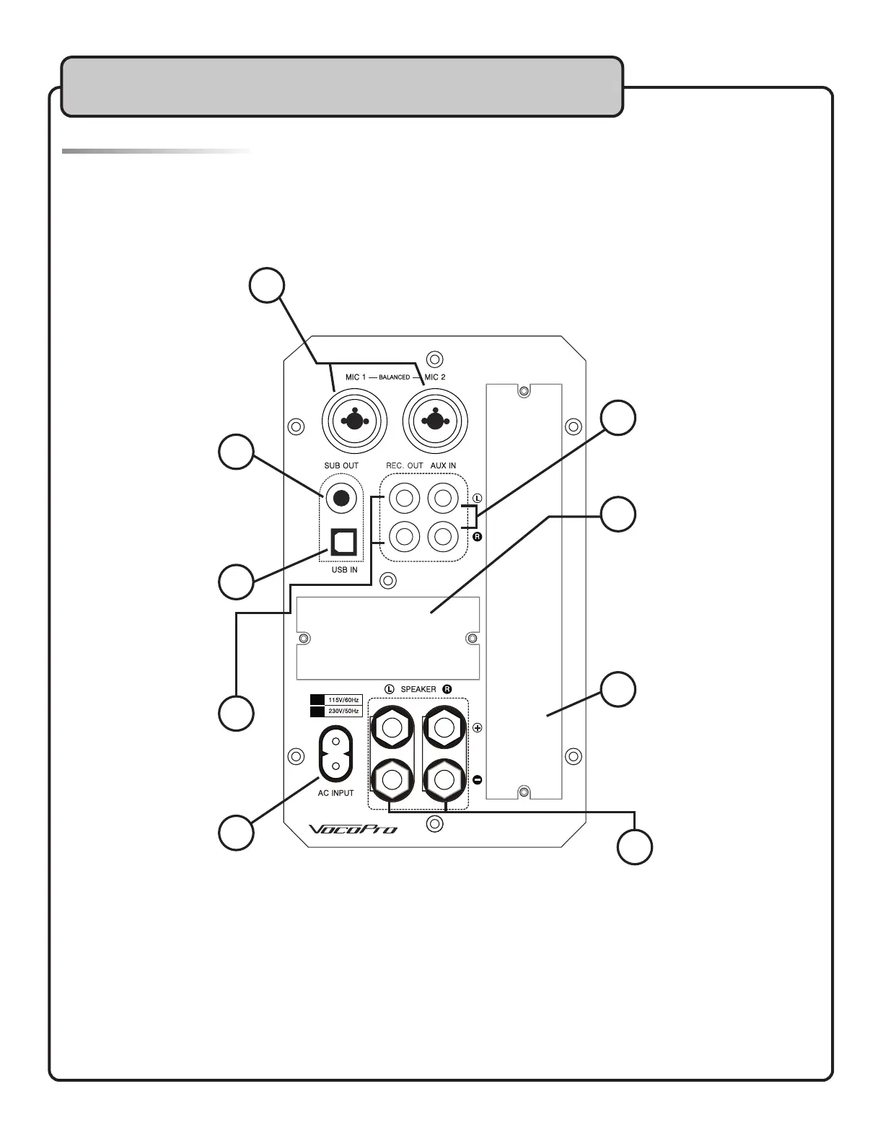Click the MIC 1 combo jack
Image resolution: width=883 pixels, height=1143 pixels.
[x=353, y=419]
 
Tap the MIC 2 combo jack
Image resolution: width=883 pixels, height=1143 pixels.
[x=435, y=419]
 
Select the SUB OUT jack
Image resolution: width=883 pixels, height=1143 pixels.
[x=341, y=498]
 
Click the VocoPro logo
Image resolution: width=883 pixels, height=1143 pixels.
[x=353, y=830]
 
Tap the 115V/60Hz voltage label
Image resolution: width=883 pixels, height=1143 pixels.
[x=343, y=700]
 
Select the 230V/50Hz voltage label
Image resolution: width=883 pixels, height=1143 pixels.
[x=343, y=711]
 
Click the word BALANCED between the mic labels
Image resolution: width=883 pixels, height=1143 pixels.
[x=395, y=377]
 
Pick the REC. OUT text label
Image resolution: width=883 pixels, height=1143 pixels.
[x=404, y=465]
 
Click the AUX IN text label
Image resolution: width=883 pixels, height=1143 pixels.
[x=443, y=465]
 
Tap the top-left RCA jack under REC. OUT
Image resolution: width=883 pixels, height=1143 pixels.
[x=404, y=498]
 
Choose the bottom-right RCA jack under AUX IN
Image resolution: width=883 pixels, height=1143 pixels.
[x=443, y=536]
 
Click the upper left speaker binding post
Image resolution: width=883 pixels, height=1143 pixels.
[x=391, y=727]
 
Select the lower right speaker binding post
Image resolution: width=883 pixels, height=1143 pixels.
[x=444, y=779]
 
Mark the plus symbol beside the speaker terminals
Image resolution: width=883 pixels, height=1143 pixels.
[x=478, y=728]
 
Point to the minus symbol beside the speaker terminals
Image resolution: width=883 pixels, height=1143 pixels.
[x=478, y=779]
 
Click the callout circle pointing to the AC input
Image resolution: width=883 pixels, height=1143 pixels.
[x=236, y=833]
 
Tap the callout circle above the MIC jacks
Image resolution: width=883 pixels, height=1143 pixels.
[x=267, y=286]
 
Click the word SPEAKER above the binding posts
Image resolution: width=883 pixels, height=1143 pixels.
[x=418, y=689]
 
